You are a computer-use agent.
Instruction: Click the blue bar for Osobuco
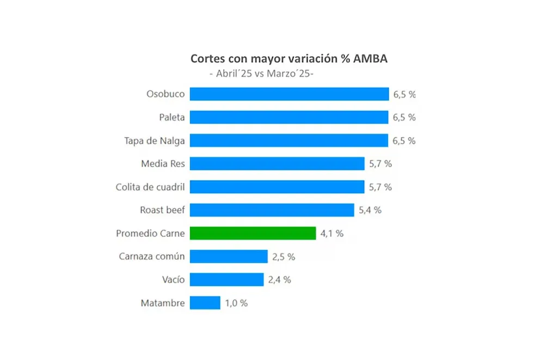pyautogui.click(x=289, y=94)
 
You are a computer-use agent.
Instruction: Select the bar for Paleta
pyautogui.click(x=289, y=117)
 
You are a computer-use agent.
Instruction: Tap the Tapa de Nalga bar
pyautogui.click(x=289, y=141)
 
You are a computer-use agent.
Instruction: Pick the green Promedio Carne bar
pyautogui.click(x=253, y=233)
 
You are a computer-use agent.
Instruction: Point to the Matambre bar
pyautogui.click(x=205, y=303)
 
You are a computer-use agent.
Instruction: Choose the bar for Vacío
pyautogui.click(x=226, y=279)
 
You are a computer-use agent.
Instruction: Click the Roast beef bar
pyautogui.click(x=272, y=210)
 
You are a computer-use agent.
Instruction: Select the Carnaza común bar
pyautogui.click(x=229, y=257)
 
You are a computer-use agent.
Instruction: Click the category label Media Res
pyautogui.click(x=163, y=163)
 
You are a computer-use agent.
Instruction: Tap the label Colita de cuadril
pyautogui.click(x=150, y=187)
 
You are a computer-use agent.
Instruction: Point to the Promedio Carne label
pyautogui.click(x=150, y=233)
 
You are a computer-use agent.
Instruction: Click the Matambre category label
pyautogui.click(x=163, y=303)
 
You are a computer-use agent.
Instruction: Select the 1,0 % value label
pyautogui.click(x=236, y=303)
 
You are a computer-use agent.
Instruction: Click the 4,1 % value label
pyautogui.click(x=332, y=234)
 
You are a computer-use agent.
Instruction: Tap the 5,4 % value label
pyautogui.click(x=370, y=210)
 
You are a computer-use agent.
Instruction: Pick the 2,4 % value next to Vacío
pyautogui.click(x=279, y=280)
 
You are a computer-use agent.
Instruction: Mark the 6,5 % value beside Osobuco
pyautogui.click(x=404, y=94)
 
